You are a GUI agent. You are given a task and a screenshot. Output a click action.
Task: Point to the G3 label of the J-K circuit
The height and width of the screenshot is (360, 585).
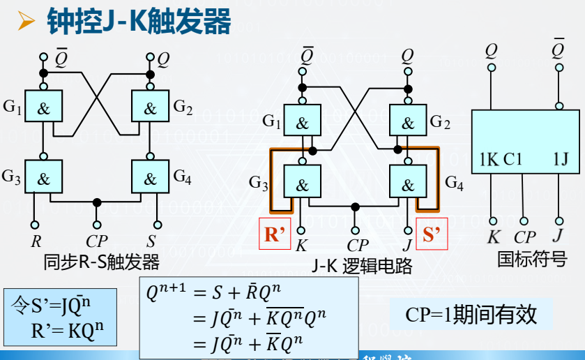click(x=258, y=184)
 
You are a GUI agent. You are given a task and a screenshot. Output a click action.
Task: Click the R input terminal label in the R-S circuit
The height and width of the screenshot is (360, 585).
click(x=36, y=242)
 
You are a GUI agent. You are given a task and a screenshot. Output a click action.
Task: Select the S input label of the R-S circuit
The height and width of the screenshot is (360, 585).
click(x=151, y=242)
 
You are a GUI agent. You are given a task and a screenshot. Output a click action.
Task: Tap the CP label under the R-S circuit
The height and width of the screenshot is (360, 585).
click(x=97, y=242)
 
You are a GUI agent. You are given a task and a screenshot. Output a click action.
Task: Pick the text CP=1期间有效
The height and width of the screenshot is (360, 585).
click(x=471, y=315)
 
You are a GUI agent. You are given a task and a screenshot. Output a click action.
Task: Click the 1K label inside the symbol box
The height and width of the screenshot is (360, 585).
click(x=489, y=159)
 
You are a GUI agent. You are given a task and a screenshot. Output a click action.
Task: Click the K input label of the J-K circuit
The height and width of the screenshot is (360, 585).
click(x=301, y=246)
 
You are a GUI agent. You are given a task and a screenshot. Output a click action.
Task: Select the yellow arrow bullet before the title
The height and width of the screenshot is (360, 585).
click(x=26, y=22)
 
